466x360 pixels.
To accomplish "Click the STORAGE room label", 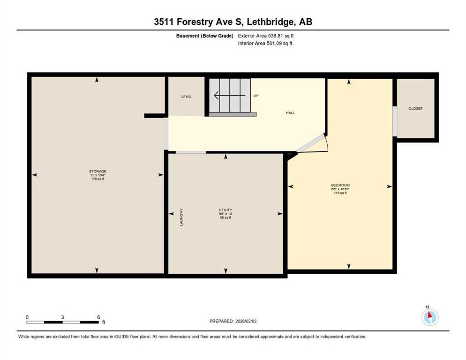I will pyautogui.click(x=98, y=172).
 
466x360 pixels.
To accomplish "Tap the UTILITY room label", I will pyautogui.click(x=225, y=210).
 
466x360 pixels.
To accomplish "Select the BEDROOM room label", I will pyautogui.click(x=340, y=185).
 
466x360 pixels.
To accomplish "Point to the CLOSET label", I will pyautogui.click(x=415, y=108).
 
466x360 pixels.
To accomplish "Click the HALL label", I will pyautogui.click(x=290, y=113).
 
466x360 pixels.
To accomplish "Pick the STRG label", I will pyautogui.click(x=187, y=97).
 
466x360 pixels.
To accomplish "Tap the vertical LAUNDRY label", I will pyautogui.click(x=181, y=217).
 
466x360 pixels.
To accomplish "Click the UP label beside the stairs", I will pyautogui.click(x=256, y=96).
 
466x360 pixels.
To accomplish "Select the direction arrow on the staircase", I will pyautogui.click(x=229, y=96).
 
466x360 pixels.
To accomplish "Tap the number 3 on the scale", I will pyautogui.click(x=62, y=317).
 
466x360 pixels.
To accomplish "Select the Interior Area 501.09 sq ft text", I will pyautogui.click(x=265, y=44).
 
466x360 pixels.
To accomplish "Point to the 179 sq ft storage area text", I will pyautogui.click(x=98, y=179).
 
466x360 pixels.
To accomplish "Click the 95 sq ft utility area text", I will pyautogui.click(x=225, y=217).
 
